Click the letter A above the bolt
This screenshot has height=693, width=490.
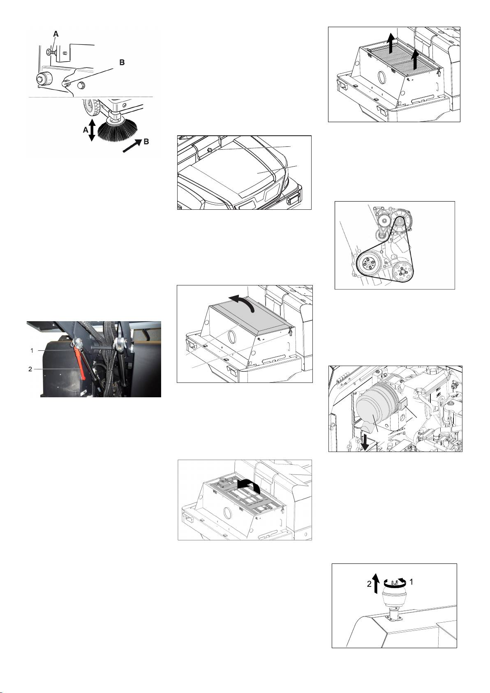click(56, 34)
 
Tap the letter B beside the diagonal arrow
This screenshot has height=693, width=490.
click(146, 142)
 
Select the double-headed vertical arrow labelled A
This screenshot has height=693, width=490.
click(91, 130)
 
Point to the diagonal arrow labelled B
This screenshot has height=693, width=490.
click(132, 146)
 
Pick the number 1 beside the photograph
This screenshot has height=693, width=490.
click(32, 350)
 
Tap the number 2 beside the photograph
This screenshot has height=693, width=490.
click(30, 369)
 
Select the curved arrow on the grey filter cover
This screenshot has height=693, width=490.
click(243, 301)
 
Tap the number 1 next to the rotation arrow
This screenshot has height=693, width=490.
click(411, 582)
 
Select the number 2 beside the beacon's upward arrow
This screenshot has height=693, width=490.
click(369, 584)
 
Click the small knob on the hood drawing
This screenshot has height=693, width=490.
click(210, 150)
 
